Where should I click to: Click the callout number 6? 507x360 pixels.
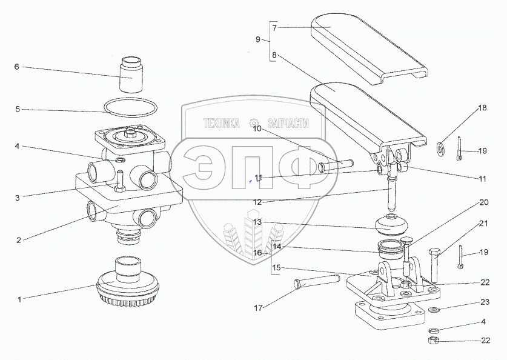[17, 67]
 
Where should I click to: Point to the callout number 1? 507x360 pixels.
[19, 299]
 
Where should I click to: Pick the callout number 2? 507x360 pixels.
[19, 240]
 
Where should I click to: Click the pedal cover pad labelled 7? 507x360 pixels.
[369, 49]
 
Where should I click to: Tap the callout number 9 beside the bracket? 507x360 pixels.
[258, 39]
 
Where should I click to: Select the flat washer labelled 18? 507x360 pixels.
[441, 146]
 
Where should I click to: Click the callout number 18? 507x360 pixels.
[482, 108]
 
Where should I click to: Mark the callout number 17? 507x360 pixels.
[259, 308]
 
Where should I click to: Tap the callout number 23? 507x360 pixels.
[485, 302]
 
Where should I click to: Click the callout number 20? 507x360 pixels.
[483, 202]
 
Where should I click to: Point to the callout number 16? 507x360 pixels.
[257, 253]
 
